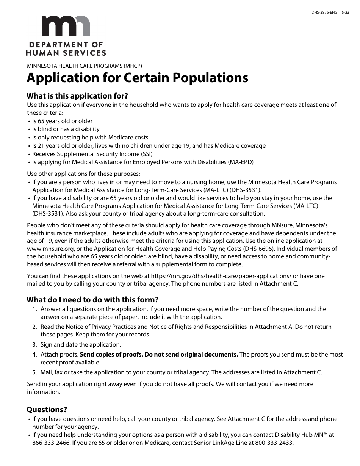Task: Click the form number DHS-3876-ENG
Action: click(324, 13)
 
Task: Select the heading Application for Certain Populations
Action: click(137, 78)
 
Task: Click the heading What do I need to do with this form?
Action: click(92, 300)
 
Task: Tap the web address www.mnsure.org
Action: click(50, 249)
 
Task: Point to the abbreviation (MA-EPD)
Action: click(241, 162)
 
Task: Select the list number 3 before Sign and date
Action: click(34, 345)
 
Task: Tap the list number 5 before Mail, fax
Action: click(34, 372)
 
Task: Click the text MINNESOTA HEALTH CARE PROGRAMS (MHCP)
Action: click(85, 65)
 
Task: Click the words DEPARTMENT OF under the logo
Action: click(66, 45)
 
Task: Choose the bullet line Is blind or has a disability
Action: click(66, 129)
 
